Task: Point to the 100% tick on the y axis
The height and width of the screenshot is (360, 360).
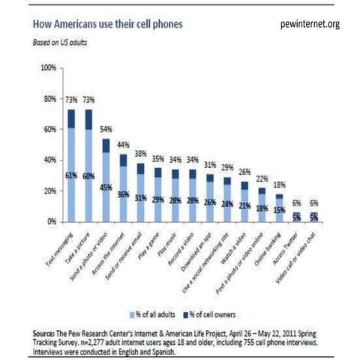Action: pyautogui.click(x=48, y=67)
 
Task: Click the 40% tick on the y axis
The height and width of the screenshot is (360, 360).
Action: pyautogui.click(x=49, y=160)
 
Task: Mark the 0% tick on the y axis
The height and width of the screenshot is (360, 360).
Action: pyautogui.click(x=52, y=222)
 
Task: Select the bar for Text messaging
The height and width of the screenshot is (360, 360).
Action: pyautogui.click(x=72, y=166)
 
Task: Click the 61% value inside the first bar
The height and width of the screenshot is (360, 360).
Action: pyautogui.click(x=72, y=176)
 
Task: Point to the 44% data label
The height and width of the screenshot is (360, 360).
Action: pyautogui.click(x=142, y=145)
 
